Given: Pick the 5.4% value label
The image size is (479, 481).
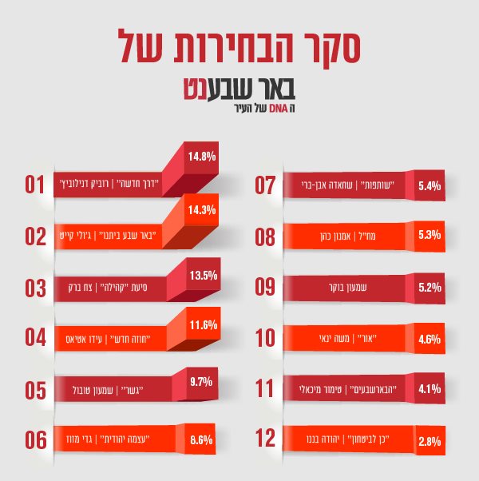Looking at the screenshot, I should click(430, 185).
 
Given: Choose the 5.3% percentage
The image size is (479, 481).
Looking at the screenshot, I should click(430, 237).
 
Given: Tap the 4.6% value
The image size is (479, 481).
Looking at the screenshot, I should click(430, 339).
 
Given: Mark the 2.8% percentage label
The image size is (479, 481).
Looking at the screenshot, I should click(430, 441).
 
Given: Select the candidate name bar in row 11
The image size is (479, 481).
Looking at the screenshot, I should click(343, 389).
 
